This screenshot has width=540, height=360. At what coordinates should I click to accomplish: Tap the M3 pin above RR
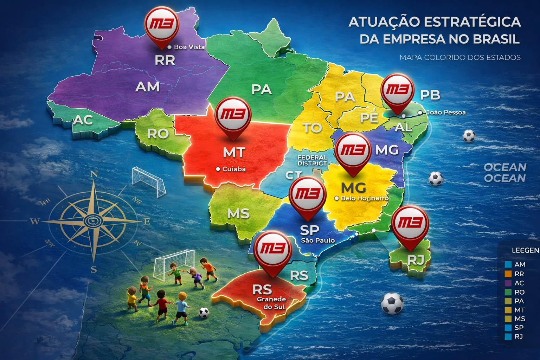tap(161, 25)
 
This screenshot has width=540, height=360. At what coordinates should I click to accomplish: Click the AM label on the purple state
tap(147, 86)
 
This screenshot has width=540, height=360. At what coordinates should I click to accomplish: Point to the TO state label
tap(312, 128)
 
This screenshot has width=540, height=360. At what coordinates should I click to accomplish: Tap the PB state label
tap(430, 95)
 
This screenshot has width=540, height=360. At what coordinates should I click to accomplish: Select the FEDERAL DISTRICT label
tap(312, 160)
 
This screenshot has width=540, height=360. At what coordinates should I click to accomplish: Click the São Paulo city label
tap(317, 240)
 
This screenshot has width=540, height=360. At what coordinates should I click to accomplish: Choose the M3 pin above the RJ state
tap(410, 223)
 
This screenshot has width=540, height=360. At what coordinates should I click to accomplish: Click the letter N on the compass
tap(94, 174)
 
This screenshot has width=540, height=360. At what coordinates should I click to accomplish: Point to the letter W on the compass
tap(34, 221)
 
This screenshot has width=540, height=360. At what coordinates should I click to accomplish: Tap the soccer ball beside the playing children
tap(204, 313)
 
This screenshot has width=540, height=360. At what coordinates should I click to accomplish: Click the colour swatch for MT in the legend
tap(508, 310)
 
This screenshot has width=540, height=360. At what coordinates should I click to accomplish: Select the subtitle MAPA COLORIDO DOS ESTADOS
tap(460, 57)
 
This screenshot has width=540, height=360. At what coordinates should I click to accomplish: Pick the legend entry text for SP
tap(519, 328)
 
